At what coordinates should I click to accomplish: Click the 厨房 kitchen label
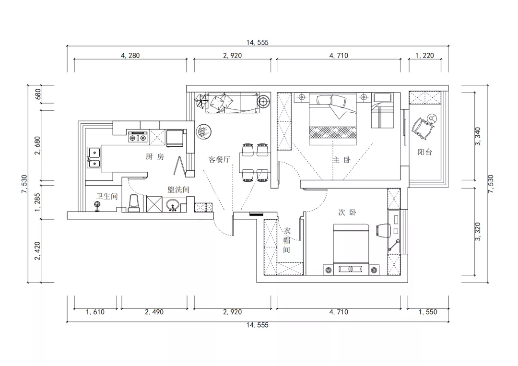[155, 156]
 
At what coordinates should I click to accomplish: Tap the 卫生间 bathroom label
[106, 196]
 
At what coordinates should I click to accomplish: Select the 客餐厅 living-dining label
[219, 160]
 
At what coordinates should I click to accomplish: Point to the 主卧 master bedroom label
[341, 160]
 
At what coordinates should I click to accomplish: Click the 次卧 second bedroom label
[347, 213]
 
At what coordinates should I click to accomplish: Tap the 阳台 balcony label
[425, 152]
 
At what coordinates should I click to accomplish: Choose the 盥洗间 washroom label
[178, 189]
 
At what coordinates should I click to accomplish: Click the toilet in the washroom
[134, 203]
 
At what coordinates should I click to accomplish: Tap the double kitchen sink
[94, 157]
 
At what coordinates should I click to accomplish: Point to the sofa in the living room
[233, 103]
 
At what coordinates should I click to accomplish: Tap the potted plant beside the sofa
[200, 100]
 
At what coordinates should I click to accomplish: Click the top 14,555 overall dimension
[258, 42]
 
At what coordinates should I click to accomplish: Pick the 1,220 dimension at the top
[424, 56]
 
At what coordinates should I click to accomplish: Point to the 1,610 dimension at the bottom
[95, 312]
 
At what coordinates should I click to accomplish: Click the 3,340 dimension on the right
[478, 136]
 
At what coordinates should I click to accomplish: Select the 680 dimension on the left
[38, 94]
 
